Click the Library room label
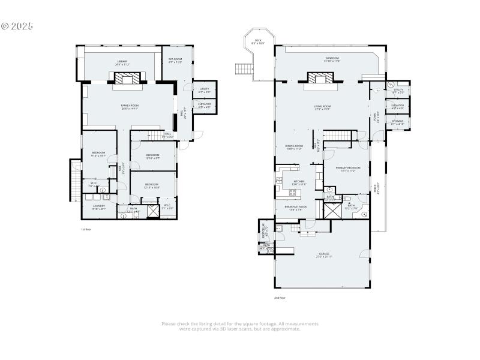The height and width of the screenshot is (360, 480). click(122, 64)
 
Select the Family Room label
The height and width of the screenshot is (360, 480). click(130, 107)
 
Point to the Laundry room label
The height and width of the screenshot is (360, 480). click(99, 207)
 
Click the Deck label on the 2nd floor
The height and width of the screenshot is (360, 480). click(258, 43)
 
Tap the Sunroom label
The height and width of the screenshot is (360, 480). click(332, 59)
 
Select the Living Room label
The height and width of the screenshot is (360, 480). click(322, 107)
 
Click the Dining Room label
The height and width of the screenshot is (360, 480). click(294, 147)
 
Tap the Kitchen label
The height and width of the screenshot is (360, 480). click(299, 182)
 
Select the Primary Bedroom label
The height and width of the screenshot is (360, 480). click(348, 169)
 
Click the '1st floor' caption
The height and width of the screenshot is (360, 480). click(86, 229)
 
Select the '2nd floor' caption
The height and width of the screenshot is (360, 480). click(280, 298)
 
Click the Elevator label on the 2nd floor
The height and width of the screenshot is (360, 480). click(397, 107)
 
